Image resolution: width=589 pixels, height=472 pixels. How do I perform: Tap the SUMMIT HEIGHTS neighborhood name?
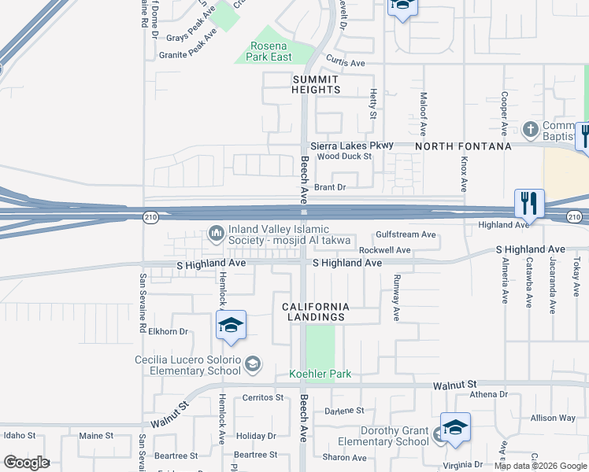[316, 84]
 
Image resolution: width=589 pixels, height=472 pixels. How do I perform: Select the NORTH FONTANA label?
[463, 146]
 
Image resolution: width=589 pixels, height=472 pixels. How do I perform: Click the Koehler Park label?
[320, 374]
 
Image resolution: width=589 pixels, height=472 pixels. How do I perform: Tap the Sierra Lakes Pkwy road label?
[351, 146]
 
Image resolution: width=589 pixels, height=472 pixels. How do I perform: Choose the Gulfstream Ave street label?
[406, 234]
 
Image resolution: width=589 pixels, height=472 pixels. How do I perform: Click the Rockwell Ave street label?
[385, 250]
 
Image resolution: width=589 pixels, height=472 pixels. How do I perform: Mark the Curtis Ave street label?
[346, 63]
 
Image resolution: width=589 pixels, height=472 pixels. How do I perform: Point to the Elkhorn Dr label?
[169, 332]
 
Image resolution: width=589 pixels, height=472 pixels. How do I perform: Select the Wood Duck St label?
[344, 157]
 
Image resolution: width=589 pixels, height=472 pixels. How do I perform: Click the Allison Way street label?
[554, 418]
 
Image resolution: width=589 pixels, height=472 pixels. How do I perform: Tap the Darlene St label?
[345, 411]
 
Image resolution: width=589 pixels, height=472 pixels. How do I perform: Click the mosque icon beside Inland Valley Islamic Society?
[216, 233]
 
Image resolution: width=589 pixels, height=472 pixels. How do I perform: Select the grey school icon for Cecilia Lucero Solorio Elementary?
[253, 363]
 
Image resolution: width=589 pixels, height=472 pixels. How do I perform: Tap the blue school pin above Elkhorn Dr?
[231, 326]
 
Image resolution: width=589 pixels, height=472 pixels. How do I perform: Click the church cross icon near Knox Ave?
[532, 128]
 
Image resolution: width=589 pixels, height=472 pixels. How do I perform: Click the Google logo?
[26, 463]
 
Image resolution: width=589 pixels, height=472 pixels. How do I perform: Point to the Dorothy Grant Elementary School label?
[394, 436]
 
